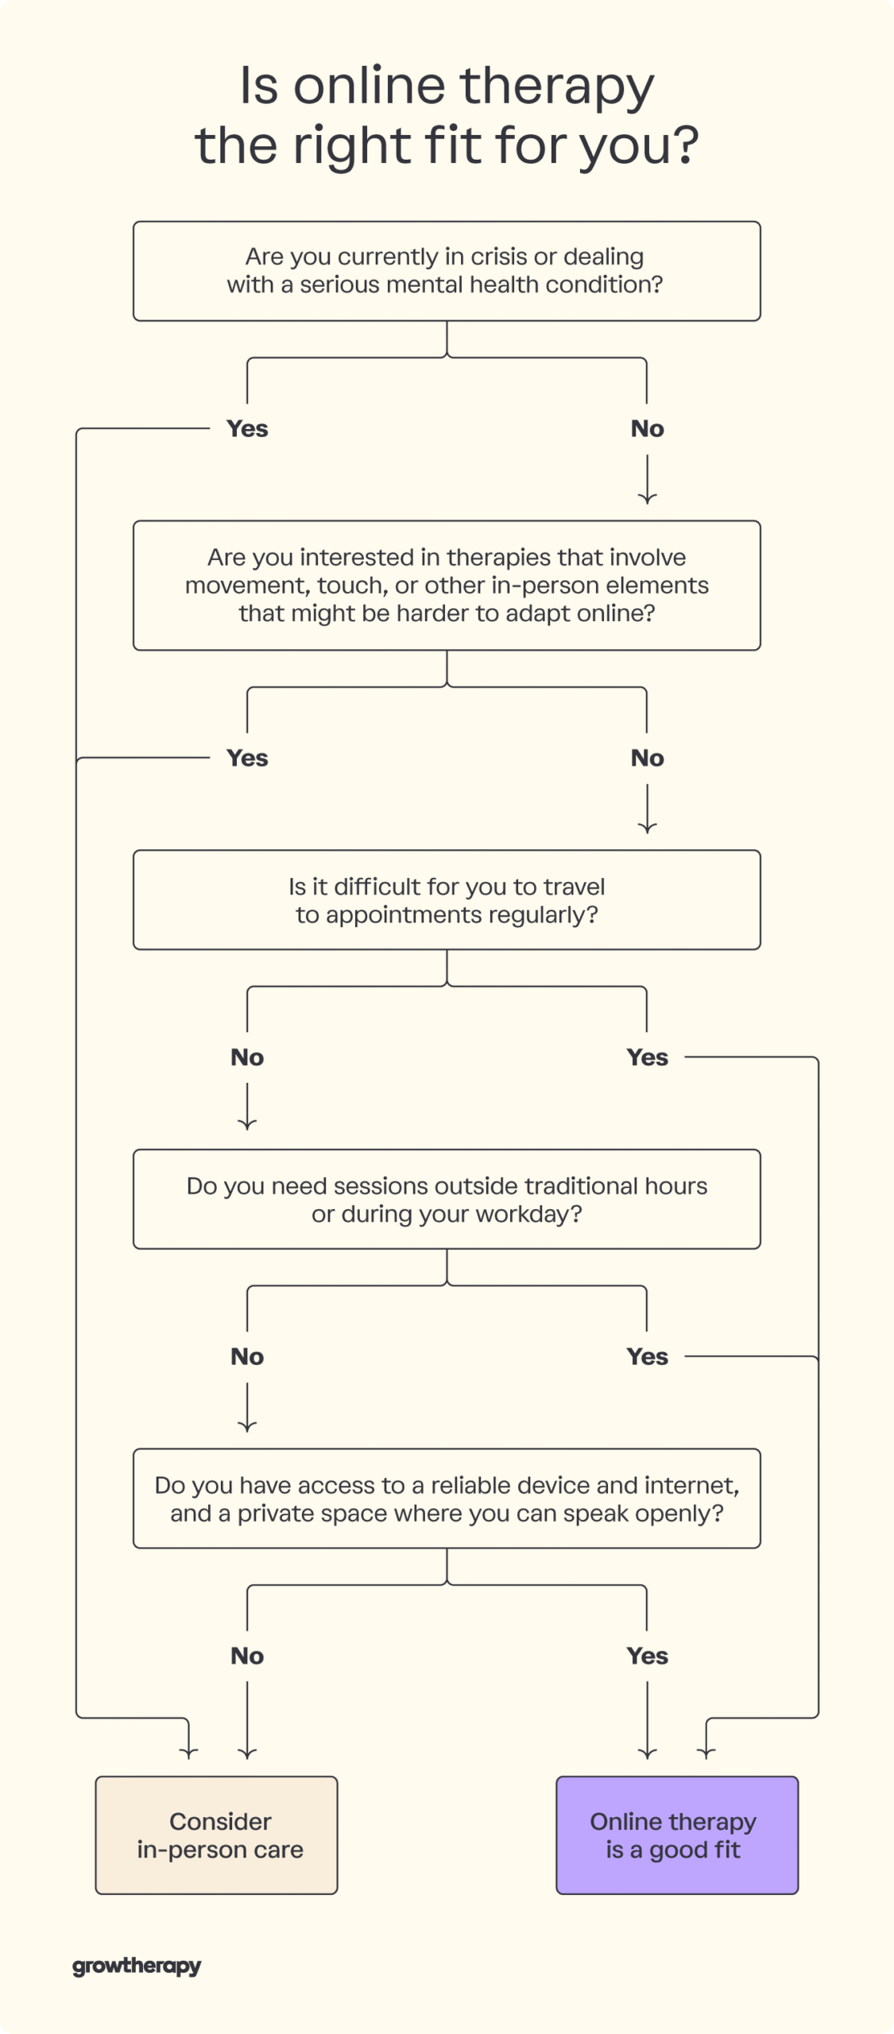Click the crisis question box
tap(447, 271)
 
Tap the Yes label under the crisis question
tap(247, 429)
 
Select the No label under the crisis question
tap(647, 429)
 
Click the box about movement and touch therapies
tap(447, 586)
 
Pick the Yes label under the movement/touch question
tap(247, 758)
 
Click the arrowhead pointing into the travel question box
tap(647, 829)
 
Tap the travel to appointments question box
tap(447, 900)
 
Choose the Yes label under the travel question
tap(647, 1058)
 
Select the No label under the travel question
tap(247, 1058)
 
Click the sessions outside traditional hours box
tap(447, 1199)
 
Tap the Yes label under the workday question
tap(647, 1356)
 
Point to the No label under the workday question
tap(247, 1356)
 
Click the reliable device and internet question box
tap(447, 1498)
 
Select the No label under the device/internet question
tap(247, 1656)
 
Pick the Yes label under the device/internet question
tap(647, 1656)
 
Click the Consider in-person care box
tap(216, 1835)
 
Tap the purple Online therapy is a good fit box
tap(676, 1835)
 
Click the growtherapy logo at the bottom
tap(137, 1966)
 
